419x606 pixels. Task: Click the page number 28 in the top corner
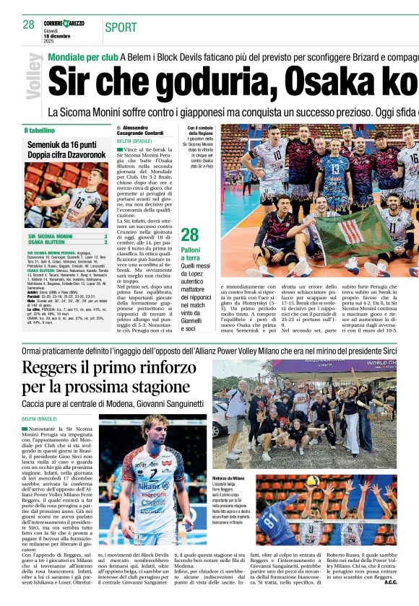(x=28, y=24)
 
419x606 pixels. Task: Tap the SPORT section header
(x=121, y=27)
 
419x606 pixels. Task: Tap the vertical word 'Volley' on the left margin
(x=33, y=76)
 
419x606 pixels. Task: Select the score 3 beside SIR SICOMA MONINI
(x=105, y=236)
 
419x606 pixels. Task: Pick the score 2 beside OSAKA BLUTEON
(x=105, y=242)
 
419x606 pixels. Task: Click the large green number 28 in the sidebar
(x=189, y=234)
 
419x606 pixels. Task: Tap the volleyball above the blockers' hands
(x=313, y=480)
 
